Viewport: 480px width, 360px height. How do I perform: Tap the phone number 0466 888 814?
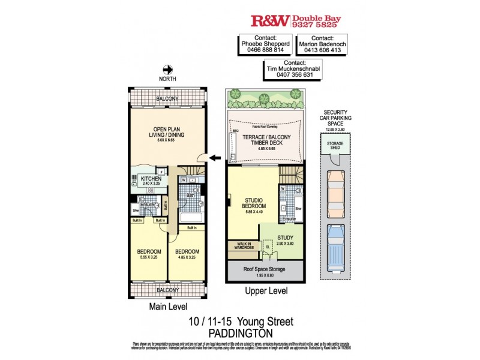coord(266,50)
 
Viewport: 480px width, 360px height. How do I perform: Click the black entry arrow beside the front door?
coord(214,158)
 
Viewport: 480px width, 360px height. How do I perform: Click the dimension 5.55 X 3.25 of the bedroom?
coord(148,257)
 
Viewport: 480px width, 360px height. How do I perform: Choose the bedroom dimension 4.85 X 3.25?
coord(187,257)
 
